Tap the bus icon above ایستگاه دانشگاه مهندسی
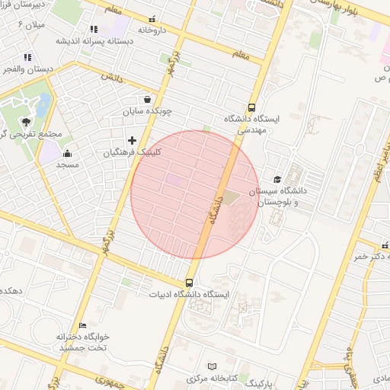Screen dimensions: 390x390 pyautogui.click(x=252, y=107)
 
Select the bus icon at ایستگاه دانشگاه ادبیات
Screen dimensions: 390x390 pyautogui.click(x=190, y=282)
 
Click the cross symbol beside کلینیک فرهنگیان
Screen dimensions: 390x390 pyautogui.click(x=133, y=139)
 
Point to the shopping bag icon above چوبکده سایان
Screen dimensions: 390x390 pyautogui.click(x=145, y=99)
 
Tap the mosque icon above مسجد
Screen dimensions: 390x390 pyautogui.click(x=67, y=152)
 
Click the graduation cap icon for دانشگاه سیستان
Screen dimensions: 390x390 pyautogui.click(x=276, y=179)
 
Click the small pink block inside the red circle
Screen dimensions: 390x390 pyautogui.click(x=174, y=180)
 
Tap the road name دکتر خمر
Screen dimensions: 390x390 pyautogui.click(x=371, y=257)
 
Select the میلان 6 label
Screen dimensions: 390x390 pyautogui.click(x=32, y=25)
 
